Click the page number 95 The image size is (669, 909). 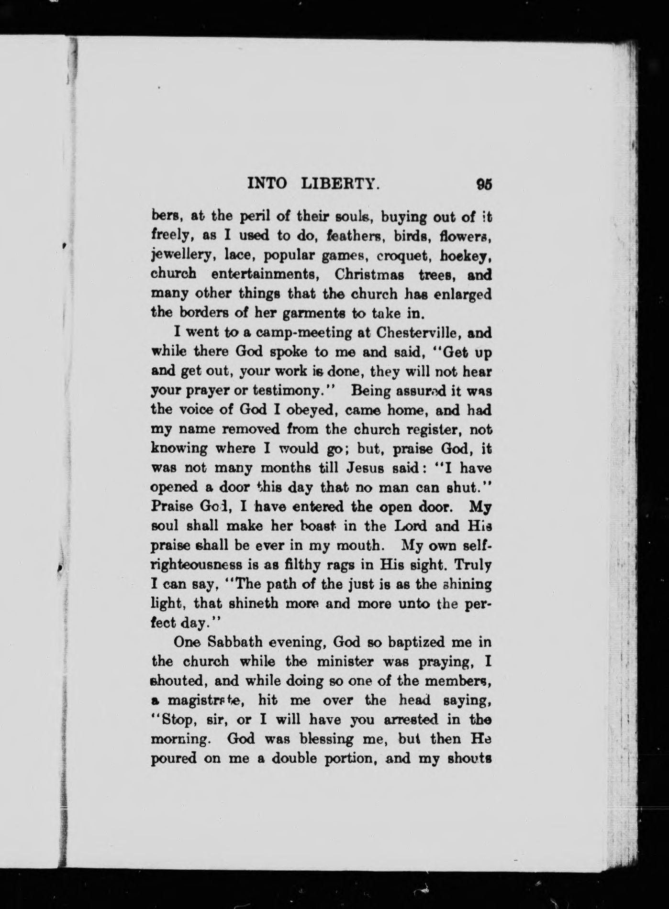click(484, 185)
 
